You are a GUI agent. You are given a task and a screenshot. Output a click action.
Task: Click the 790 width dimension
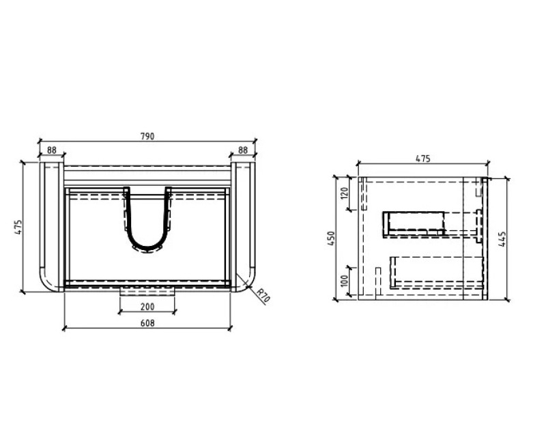147,136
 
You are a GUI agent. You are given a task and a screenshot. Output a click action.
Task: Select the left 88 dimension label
52,150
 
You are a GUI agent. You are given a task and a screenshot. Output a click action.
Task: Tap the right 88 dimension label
243,150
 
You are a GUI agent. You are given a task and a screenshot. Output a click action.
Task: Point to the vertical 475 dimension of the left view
19,227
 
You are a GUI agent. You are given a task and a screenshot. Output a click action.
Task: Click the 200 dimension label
147,307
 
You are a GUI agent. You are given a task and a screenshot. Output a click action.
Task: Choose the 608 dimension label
147,323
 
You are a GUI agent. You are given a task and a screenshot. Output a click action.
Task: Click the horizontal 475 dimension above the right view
423,158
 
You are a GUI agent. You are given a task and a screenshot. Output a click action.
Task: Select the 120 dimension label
345,193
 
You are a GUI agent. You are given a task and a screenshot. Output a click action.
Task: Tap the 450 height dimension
331,238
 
